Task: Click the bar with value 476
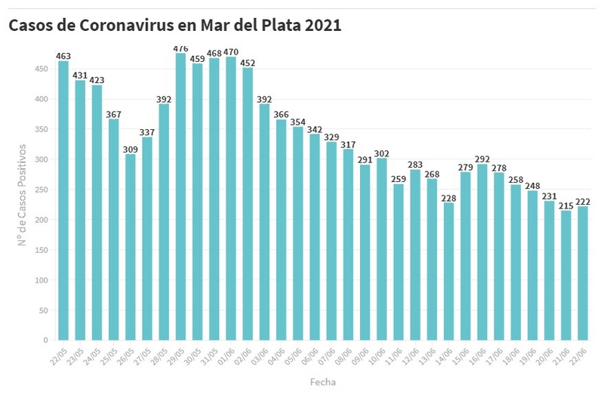coord(180,196)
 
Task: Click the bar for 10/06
coord(381,249)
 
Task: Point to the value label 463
coord(63,56)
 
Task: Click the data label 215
coord(565,205)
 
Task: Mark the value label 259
coord(398,179)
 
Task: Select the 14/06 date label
coord(445,355)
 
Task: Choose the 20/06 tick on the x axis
coord(546,355)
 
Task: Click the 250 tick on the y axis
coord(42,190)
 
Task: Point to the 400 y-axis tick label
coord(42,99)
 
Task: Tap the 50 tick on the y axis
coord(45,310)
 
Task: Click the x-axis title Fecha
coord(323,382)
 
